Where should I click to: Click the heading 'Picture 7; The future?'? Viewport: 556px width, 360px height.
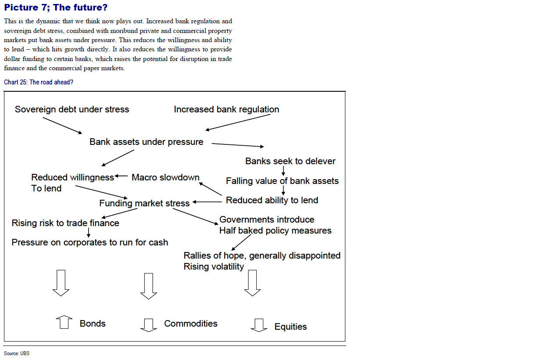click(56, 7)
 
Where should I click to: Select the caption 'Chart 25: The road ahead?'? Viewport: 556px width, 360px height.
click(39, 82)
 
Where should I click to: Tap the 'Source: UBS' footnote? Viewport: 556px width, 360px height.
click(17, 353)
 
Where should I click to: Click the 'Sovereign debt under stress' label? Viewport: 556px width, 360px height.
click(72, 109)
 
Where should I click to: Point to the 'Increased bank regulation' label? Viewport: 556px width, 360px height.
click(226, 109)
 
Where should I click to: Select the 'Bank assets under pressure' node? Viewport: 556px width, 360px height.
click(147, 142)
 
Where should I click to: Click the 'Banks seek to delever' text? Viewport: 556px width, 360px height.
click(291, 161)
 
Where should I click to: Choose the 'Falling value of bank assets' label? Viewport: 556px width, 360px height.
click(282, 181)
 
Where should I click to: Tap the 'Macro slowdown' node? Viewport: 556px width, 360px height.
click(165, 177)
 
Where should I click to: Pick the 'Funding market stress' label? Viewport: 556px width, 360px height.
click(144, 203)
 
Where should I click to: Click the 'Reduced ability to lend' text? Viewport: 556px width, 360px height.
click(272, 200)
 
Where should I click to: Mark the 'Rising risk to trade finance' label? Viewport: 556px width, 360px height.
click(65, 223)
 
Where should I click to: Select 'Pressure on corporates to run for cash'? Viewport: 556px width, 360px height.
click(90, 242)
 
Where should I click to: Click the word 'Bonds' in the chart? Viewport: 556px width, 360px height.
click(93, 324)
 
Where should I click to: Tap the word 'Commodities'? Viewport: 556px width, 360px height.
click(191, 324)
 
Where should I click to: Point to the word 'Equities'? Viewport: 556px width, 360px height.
click(291, 327)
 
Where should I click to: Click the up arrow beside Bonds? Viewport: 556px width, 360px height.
click(64, 322)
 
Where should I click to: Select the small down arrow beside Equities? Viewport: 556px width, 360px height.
click(259, 325)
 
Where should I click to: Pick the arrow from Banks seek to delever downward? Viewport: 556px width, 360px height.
click(283, 171)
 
